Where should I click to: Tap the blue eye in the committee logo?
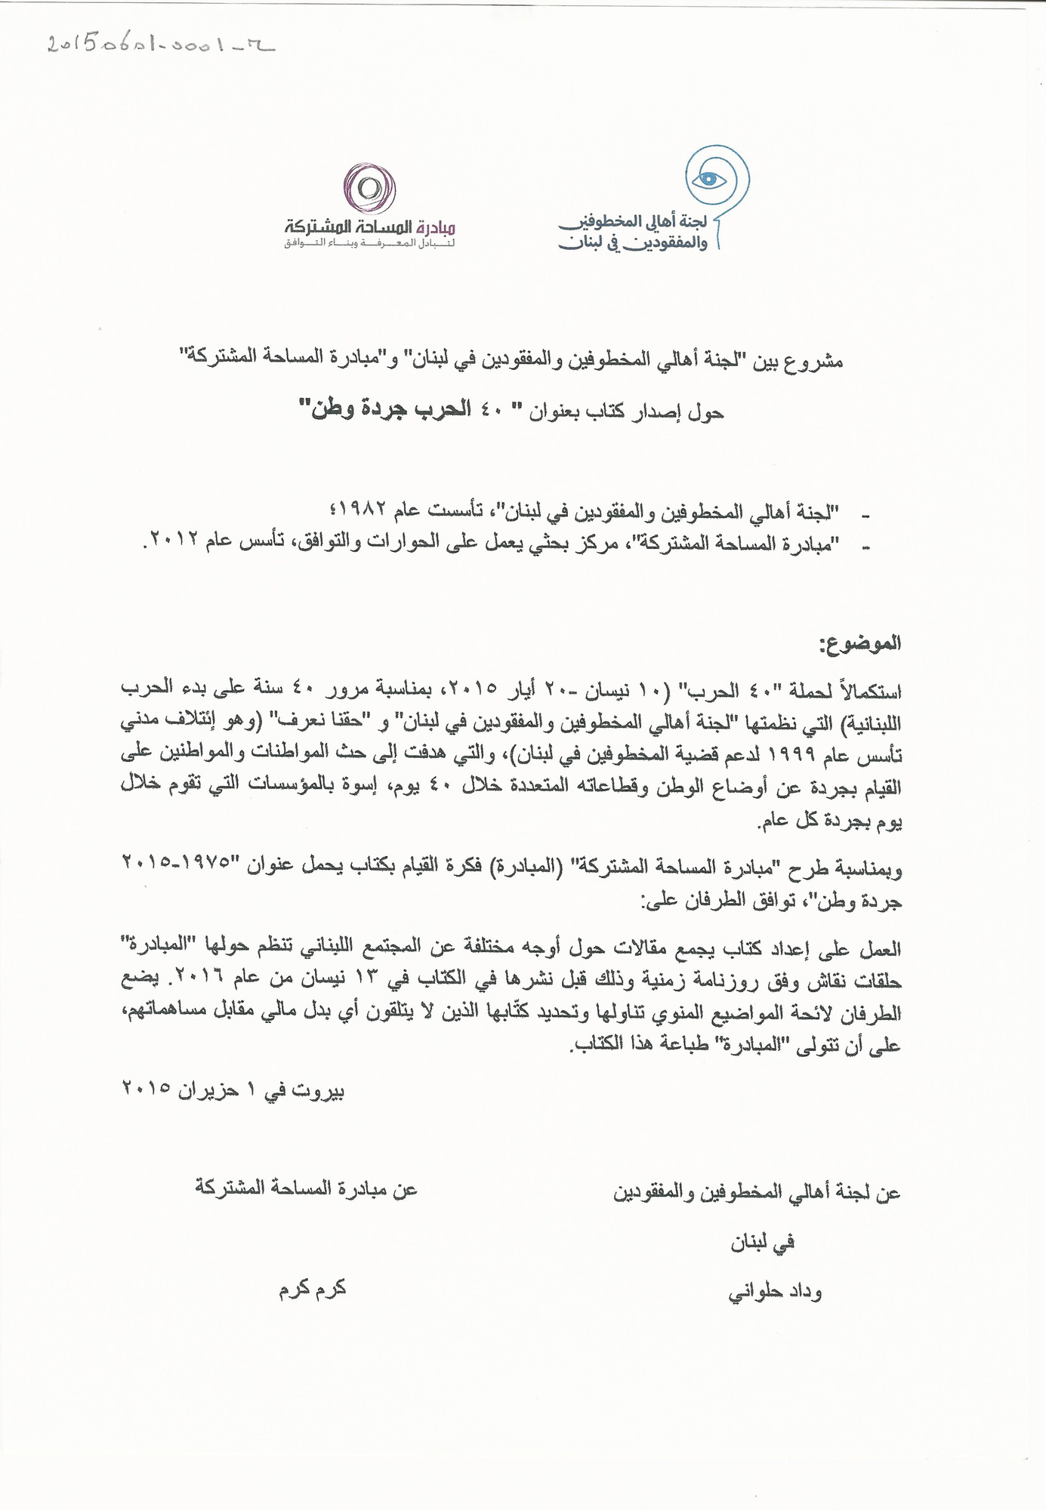(711, 178)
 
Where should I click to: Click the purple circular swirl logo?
(369, 188)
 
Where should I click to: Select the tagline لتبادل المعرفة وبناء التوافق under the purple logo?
(369, 244)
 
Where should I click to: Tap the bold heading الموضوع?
(870, 644)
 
